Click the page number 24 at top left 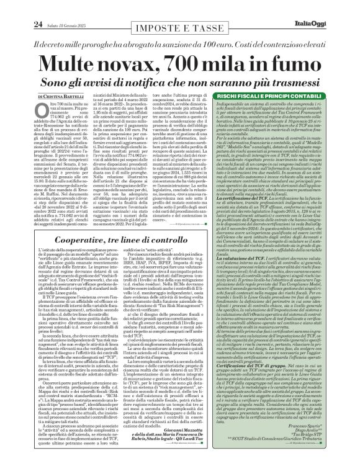(x=12, y=7)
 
